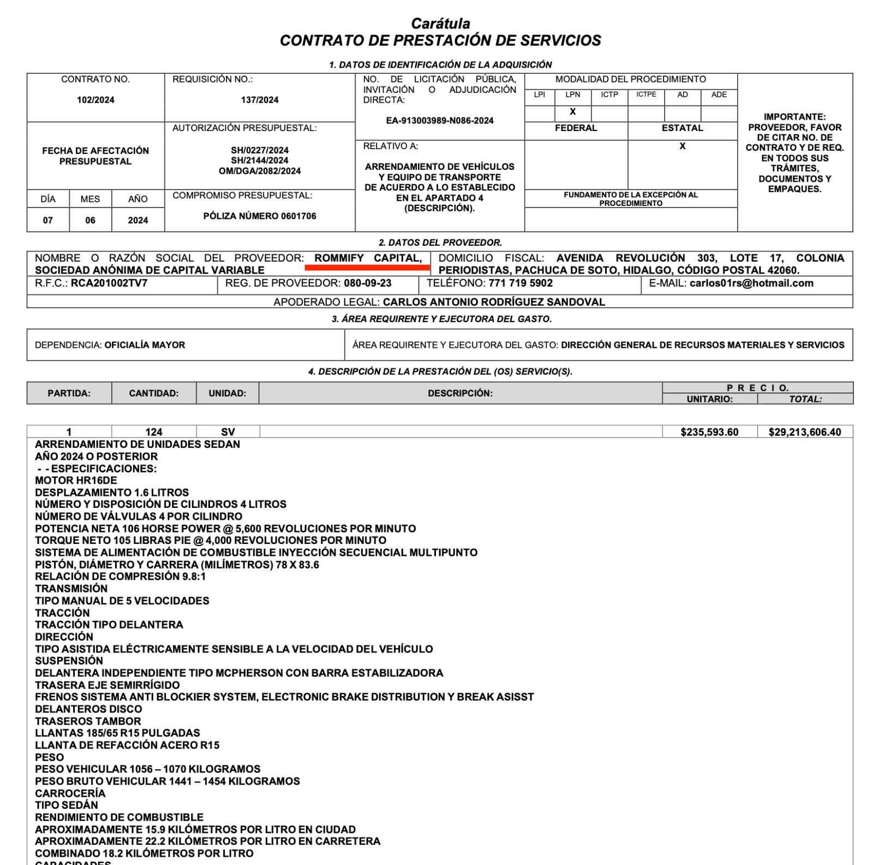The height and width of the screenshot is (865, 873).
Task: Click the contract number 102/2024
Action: coord(95,100)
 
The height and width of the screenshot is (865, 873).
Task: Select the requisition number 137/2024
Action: coord(260,100)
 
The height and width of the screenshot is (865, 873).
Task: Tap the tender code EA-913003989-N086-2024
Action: coord(440,121)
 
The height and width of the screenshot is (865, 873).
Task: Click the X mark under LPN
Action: coord(572,111)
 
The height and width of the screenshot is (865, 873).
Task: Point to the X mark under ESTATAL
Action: coord(682,146)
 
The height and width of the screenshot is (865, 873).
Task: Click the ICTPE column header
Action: coord(646,94)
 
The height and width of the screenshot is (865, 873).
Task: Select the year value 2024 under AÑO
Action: coord(138,220)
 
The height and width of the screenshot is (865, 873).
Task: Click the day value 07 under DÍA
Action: coord(48,220)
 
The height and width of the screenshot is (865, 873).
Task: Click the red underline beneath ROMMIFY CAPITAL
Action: coord(367,268)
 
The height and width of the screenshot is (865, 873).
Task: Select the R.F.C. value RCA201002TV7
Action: coord(109,283)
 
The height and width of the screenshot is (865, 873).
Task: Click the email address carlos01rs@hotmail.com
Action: coord(751,283)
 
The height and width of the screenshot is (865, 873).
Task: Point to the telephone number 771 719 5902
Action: coord(521,283)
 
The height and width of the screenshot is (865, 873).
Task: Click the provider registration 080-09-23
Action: coord(368,283)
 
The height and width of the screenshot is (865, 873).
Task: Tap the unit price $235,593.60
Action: coord(709,432)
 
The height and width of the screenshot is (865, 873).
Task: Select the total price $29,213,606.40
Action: coord(805,432)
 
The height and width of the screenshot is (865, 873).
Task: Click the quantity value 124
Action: coord(154,432)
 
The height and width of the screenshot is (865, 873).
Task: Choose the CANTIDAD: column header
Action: coord(154,393)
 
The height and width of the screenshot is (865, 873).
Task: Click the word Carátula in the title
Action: coord(440,23)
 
